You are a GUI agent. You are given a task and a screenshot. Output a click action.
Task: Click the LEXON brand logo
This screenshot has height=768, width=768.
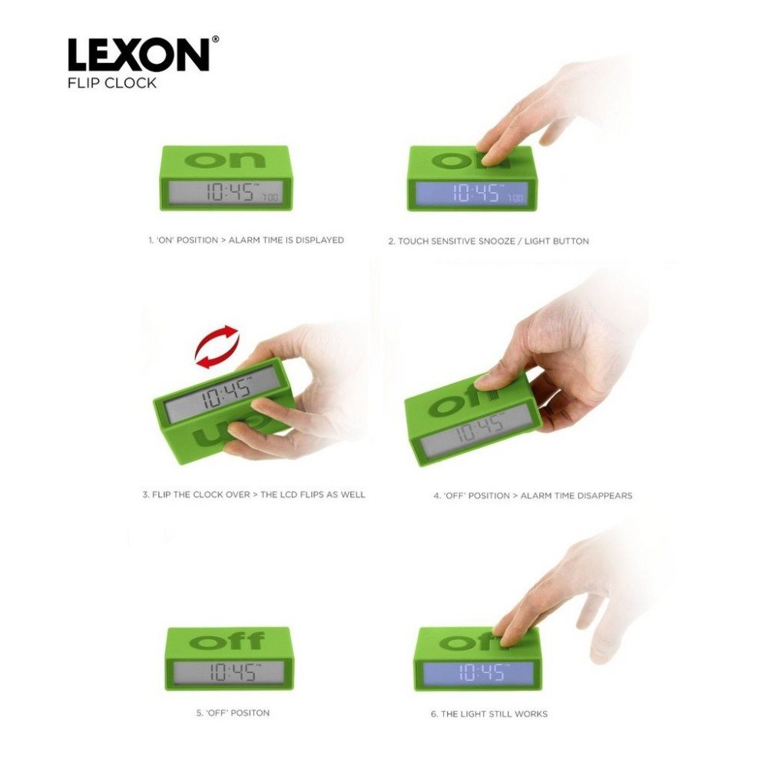click(x=139, y=55)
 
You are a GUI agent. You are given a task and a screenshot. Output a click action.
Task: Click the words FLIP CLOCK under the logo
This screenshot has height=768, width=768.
click(x=112, y=83)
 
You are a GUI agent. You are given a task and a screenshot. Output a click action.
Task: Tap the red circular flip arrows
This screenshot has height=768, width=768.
click(x=217, y=346)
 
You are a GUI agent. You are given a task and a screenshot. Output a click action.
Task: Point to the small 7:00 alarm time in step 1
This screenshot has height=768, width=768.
click(x=270, y=197)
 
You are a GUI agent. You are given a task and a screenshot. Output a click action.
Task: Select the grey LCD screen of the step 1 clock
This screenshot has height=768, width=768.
click(x=226, y=191)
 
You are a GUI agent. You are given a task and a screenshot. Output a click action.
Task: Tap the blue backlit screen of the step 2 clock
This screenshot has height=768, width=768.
click(x=472, y=194)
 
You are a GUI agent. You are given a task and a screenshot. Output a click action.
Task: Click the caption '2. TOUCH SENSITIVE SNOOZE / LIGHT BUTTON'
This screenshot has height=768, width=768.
click(x=488, y=241)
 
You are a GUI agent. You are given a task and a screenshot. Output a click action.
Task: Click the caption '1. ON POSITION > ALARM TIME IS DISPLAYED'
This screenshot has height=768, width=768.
click(x=247, y=240)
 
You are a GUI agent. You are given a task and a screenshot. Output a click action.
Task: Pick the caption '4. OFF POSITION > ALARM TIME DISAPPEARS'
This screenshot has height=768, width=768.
click(x=533, y=495)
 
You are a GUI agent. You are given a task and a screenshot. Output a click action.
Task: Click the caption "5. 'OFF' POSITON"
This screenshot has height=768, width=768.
click(x=233, y=713)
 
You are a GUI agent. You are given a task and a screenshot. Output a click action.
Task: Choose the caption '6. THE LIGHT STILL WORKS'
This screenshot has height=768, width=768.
click(x=489, y=713)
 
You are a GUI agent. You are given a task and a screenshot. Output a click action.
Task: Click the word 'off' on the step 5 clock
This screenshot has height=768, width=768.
click(x=227, y=641)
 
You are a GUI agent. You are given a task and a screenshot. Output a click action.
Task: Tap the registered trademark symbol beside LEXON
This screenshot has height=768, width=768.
click(x=215, y=39)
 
